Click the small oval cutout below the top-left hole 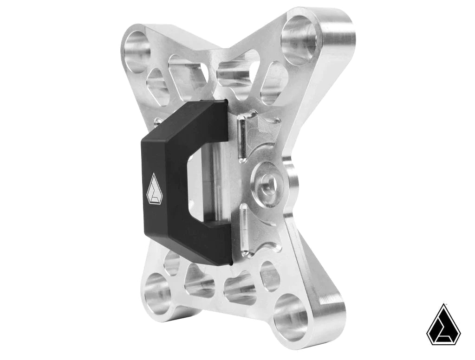[x=157, y=86]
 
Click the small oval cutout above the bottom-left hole [x=172, y=263]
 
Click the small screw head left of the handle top [x=158, y=122]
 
